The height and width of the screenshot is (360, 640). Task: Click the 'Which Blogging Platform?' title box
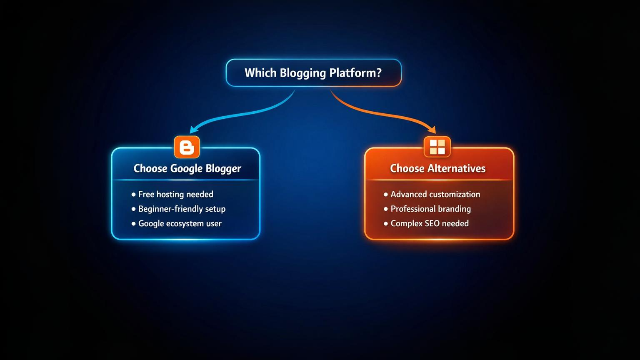313,73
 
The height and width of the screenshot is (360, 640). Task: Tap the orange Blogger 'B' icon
187,147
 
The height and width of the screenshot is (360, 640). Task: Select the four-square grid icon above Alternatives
437,147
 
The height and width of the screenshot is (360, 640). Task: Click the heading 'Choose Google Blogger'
187,168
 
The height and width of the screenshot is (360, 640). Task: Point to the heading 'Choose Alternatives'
437,168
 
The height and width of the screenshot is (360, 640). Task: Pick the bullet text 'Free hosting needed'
175,194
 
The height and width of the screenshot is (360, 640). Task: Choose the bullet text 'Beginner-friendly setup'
182,209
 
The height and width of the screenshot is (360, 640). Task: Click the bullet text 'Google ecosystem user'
180,223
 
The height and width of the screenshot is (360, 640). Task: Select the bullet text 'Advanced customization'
435,194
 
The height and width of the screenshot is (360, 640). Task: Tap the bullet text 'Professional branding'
430,209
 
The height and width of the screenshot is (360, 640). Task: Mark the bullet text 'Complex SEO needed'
429,223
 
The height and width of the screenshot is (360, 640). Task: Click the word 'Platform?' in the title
355,73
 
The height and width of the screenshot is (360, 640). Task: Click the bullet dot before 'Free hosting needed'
133,195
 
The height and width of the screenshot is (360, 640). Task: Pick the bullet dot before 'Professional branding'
386,209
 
